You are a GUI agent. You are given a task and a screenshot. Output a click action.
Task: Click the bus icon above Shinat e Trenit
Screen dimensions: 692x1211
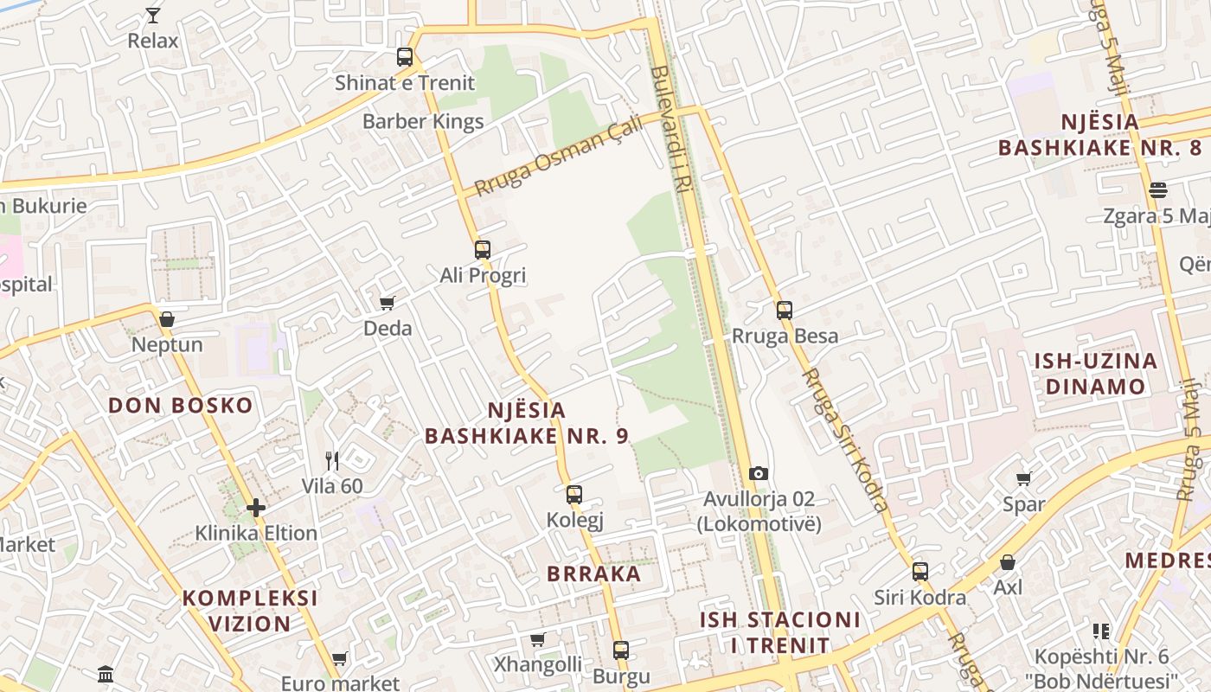(x=405, y=57)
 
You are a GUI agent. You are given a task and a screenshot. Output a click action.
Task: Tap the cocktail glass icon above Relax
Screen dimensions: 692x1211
(x=153, y=16)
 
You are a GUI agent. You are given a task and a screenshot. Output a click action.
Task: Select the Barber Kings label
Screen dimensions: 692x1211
(x=423, y=121)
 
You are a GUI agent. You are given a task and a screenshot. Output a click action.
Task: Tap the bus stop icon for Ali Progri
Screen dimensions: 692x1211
(x=483, y=250)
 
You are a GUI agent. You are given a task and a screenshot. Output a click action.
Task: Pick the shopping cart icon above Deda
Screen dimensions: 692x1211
(x=387, y=303)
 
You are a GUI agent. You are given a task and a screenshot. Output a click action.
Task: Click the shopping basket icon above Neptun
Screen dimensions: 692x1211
(x=167, y=319)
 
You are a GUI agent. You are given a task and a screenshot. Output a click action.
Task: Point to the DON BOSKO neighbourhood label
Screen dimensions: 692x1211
(x=181, y=405)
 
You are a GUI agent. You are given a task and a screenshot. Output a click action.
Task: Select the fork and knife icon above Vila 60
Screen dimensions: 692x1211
(x=332, y=460)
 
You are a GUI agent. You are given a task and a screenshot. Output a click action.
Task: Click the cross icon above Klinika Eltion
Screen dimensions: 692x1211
(x=256, y=507)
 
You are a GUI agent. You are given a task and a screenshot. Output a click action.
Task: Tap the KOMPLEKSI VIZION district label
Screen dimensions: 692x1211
(x=250, y=611)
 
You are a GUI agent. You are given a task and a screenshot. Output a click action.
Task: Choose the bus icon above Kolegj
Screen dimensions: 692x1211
(x=574, y=495)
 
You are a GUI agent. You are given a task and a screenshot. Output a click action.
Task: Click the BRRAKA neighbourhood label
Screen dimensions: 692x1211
(x=594, y=573)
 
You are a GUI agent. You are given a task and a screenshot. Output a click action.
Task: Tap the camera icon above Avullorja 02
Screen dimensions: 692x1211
(x=759, y=473)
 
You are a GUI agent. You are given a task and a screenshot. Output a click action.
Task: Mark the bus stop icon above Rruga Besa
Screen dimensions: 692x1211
(x=785, y=310)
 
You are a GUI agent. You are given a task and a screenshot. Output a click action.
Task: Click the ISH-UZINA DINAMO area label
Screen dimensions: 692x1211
(x=1095, y=373)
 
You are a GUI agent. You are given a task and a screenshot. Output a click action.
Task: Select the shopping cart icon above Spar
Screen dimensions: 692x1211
(x=1024, y=478)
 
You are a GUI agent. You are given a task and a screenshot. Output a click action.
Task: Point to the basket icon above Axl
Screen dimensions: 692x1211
(x=1008, y=562)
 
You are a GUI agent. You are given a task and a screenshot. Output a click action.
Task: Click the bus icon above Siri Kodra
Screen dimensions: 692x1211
(x=920, y=571)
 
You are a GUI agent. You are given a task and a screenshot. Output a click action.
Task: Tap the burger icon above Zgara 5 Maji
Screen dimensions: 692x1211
(x=1158, y=190)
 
